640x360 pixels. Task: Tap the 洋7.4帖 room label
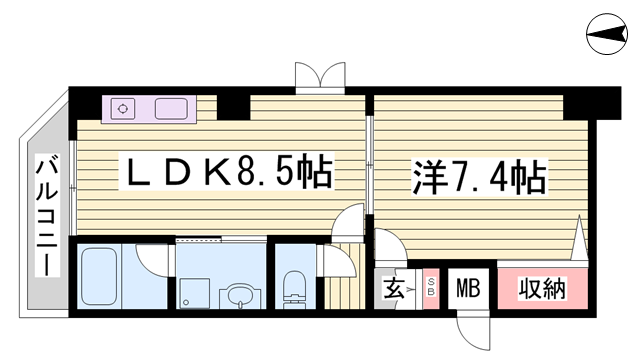478,177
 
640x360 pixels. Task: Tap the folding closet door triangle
579,238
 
